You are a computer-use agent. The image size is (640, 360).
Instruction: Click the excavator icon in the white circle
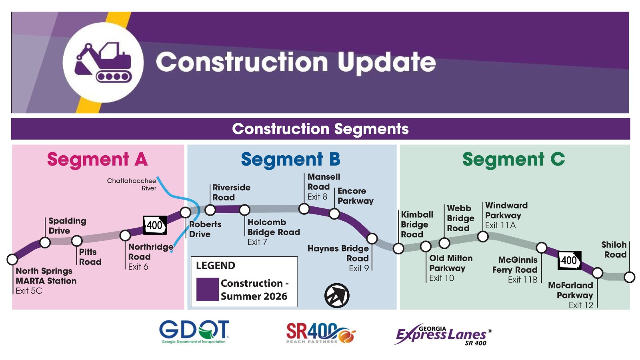[104, 62]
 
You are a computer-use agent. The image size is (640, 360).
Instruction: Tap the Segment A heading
[98, 160]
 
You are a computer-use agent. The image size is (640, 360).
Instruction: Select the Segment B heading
[290, 160]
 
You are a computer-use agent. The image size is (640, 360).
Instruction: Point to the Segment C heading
[514, 159]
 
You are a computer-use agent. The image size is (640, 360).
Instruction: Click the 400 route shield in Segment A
[155, 225]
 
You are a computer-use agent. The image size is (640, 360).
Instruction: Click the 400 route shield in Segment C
[570, 260]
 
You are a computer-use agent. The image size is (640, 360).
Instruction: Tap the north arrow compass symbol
[337, 296]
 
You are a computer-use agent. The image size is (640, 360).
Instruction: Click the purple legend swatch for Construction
[208, 290]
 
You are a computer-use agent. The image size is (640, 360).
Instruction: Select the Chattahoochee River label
[132, 184]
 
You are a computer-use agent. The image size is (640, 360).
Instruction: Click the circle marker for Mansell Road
[304, 209]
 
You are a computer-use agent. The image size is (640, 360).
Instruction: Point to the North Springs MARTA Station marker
[12, 260]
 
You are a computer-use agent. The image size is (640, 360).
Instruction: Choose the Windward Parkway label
[506, 210]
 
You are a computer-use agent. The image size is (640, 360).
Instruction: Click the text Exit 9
[359, 268]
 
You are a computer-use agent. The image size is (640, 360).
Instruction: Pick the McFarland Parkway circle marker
[598, 273]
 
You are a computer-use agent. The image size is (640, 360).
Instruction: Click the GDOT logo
[194, 332]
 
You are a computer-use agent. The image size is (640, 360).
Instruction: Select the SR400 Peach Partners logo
[321, 333]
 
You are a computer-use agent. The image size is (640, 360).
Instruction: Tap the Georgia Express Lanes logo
[443, 334]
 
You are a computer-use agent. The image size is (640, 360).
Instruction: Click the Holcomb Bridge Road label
[274, 227]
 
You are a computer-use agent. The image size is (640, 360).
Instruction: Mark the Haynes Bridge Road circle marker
[372, 238]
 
